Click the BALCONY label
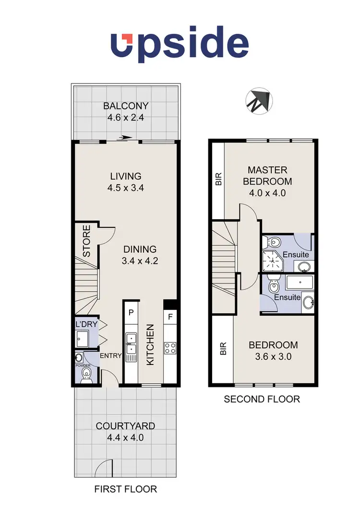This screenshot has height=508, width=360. click(x=126, y=106)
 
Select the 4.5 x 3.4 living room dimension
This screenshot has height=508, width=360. click(x=126, y=188)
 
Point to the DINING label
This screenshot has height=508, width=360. click(x=140, y=249)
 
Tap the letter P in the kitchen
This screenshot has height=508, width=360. click(x=130, y=312)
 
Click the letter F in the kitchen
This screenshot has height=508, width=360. click(x=169, y=317)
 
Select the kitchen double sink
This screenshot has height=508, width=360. click(x=131, y=345)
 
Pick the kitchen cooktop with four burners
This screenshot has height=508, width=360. click(x=169, y=346)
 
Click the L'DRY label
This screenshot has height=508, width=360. click(x=86, y=325)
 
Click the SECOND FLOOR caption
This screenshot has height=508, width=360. click(x=262, y=399)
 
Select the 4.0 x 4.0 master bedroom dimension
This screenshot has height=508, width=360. click(x=267, y=193)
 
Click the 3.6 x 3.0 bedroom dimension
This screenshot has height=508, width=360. click(x=273, y=356)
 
